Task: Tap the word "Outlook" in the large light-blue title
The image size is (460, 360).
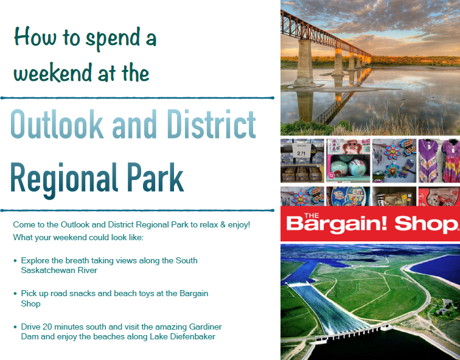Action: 57,124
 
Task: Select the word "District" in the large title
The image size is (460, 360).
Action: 211,124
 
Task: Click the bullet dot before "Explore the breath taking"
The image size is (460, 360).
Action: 15,261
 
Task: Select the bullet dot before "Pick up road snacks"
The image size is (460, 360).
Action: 15,294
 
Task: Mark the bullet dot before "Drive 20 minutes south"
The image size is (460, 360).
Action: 15,327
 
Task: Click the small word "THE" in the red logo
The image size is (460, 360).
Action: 312,216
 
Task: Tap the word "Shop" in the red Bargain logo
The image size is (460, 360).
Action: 425,224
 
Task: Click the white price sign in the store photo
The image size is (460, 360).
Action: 302,151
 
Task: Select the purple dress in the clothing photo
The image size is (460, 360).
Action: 428,161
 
